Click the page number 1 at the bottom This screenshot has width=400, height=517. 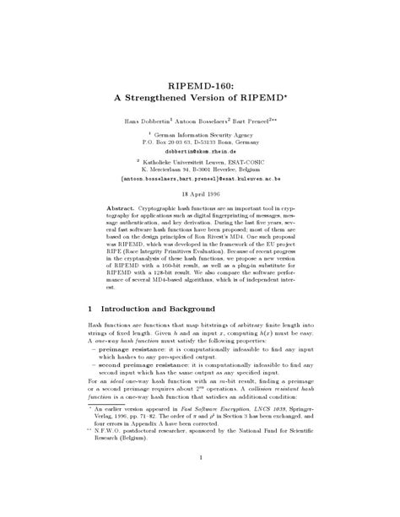(x=201, y=481)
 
